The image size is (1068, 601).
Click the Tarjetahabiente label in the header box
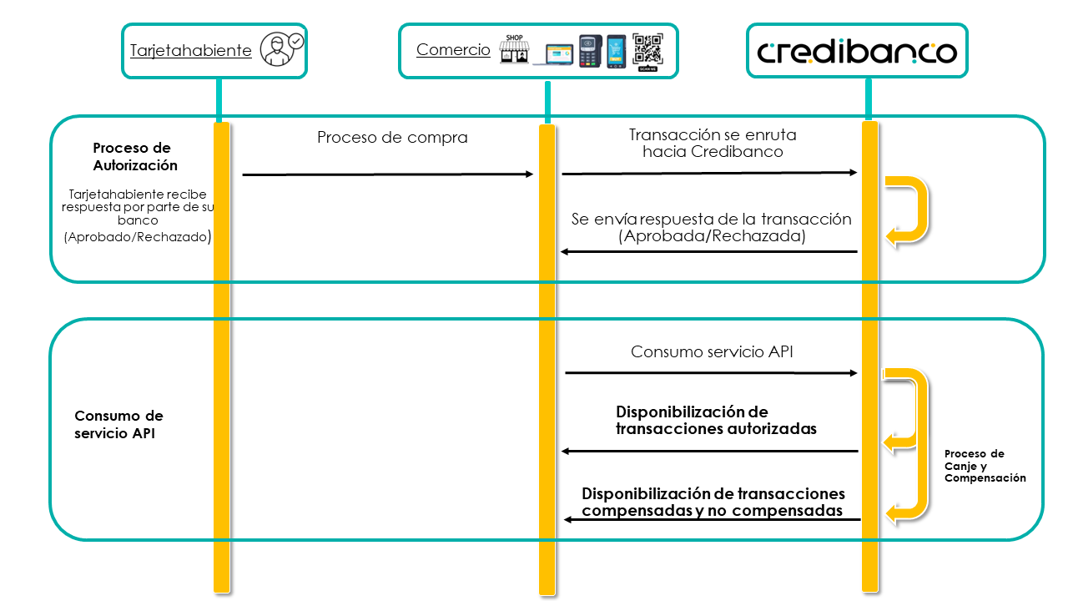[x=191, y=51]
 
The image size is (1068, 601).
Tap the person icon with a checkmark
[x=281, y=48]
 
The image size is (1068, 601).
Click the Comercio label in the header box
[x=453, y=49]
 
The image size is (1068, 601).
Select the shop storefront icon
[x=514, y=48]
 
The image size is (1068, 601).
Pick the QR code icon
[x=647, y=52]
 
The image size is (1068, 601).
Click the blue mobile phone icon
[x=616, y=52]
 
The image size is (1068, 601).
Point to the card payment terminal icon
[x=590, y=51]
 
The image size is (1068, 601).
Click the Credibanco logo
[x=857, y=53]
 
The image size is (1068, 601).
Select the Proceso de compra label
[x=392, y=138]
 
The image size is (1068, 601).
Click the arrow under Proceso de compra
[x=388, y=174]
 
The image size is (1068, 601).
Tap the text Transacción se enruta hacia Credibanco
[x=713, y=143]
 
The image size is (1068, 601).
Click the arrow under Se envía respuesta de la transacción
[x=709, y=251]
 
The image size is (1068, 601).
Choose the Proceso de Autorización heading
[x=135, y=156]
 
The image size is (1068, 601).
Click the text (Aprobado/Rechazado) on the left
[x=138, y=236]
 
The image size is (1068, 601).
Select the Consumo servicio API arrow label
[x=712, y=351]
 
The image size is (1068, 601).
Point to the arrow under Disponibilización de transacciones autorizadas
[x=710, y=452]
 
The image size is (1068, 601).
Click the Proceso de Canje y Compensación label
[x=985, y=466]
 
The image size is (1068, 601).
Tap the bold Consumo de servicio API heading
[x=118, y=425]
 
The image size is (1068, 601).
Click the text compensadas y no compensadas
[x=712, y=510]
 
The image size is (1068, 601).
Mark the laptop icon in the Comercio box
[x=554, y=54]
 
